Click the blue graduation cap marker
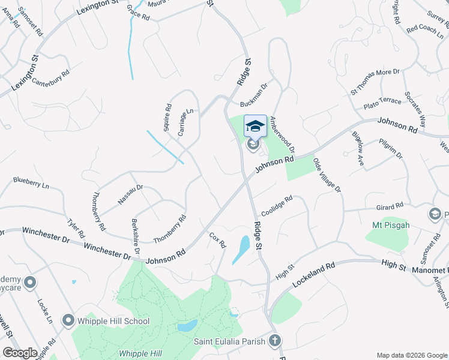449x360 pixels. coord(255,125)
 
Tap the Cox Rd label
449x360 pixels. coord(217,240)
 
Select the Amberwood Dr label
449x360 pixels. coord(282,133)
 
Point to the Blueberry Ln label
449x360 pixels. coord(31,182)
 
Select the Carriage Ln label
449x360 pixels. coord(186,121)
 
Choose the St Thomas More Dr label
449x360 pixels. coord(375,81)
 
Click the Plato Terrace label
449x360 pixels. coord(382,103)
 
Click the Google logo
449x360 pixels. coord(19,352)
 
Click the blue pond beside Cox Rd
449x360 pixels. coord(241,248)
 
